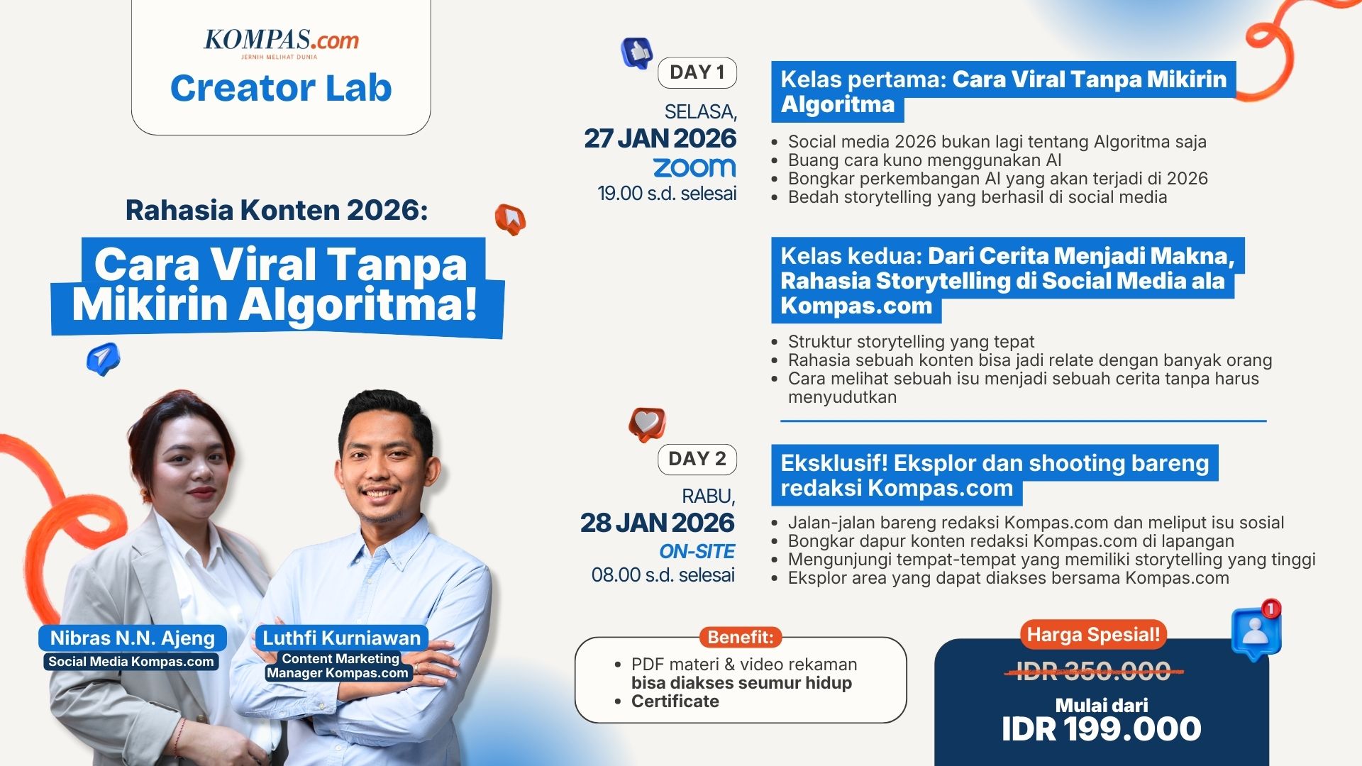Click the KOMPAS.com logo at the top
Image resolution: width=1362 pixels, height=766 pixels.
tap(281, 41)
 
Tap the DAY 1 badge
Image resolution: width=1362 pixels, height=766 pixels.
tap(697, 72)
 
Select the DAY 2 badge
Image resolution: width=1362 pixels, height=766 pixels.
tap(697, 459)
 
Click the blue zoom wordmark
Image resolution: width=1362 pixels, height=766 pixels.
tap(694, 167)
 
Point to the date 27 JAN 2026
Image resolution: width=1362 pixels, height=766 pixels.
tap(660, 138)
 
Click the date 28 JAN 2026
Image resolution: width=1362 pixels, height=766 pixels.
tap(657, 523)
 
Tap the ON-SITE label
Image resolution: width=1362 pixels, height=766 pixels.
tap(697, 551)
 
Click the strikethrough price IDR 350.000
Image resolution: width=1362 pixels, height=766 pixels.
tap(1093, 671)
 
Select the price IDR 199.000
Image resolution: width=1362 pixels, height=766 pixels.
tap(1101, 729)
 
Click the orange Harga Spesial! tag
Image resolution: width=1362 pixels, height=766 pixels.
tap(1093, 634)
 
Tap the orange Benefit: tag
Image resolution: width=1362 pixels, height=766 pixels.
tap(740, 637)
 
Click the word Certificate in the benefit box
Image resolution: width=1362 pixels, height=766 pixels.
tap(675, 701)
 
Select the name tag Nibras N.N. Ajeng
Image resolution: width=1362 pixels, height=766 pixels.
tap(133, 638)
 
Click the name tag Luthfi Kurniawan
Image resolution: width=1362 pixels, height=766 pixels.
tap(341, 638)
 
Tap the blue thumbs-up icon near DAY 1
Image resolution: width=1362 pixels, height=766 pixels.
tap(637, 52)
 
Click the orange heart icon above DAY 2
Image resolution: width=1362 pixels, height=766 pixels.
tap(646, 424)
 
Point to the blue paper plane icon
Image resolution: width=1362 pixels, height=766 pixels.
tap(104, 358)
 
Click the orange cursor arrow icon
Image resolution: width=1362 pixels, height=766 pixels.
tap(511, 219)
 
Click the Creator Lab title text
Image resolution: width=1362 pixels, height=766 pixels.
tap(281, 89)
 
